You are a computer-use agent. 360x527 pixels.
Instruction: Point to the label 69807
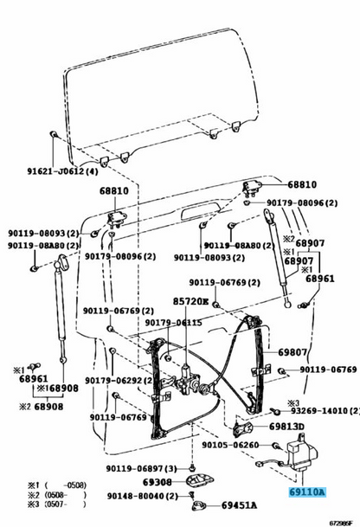[x=293, y=353]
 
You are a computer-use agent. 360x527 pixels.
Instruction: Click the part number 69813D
[x=285, y=427]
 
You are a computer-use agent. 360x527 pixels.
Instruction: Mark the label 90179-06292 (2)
[x=111, y=379]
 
